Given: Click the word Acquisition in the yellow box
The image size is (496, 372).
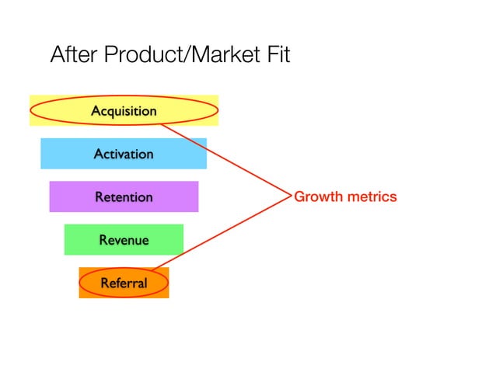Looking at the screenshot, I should pos(124,111).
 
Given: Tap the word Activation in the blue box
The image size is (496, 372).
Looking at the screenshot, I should pos(124,154).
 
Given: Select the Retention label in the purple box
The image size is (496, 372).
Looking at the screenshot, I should pos(124,197).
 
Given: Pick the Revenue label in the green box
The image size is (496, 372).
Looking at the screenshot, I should pos(124,240).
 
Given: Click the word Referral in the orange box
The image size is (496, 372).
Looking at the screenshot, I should pos(124,283).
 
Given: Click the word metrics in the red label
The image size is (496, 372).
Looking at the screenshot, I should pos(371,196).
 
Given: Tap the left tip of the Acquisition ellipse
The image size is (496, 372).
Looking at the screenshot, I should pos(31,111).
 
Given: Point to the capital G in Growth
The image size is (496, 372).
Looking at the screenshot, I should pos(299,196).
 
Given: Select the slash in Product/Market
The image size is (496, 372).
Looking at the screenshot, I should pos(186,56).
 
